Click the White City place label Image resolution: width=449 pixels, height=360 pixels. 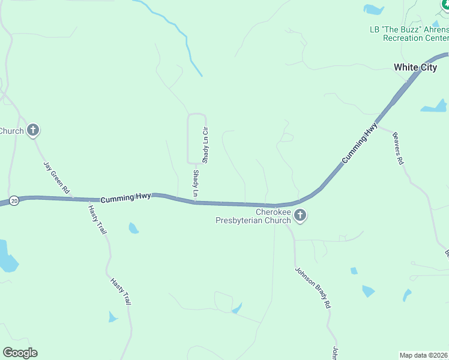point(415,67)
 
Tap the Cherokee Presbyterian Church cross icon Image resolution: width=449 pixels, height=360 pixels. point(300,215)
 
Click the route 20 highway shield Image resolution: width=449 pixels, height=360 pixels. point(14,201)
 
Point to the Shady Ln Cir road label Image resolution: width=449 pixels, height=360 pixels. point(205,145)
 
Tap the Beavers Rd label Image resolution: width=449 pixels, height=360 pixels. point(398,148)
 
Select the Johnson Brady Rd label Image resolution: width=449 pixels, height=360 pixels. point(313,287)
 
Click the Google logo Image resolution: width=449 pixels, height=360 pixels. point(20,353)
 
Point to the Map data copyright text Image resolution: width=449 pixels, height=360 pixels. point(424,355)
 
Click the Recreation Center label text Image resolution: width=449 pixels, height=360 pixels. point(415,38)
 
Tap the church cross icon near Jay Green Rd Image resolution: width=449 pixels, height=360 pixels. point(33,130)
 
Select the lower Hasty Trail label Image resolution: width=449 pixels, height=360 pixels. point(121,291)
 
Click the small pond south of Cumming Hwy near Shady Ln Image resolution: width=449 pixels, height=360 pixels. point(133,228)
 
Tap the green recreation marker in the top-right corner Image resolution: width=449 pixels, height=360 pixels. point(445,4)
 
